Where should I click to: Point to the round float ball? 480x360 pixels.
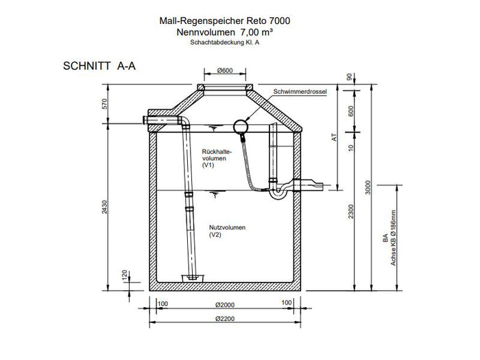tap(241, 127)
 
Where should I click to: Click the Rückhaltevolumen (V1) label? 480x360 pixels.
tap(217, 158)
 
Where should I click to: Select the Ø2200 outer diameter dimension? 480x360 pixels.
tap(224, 318)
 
